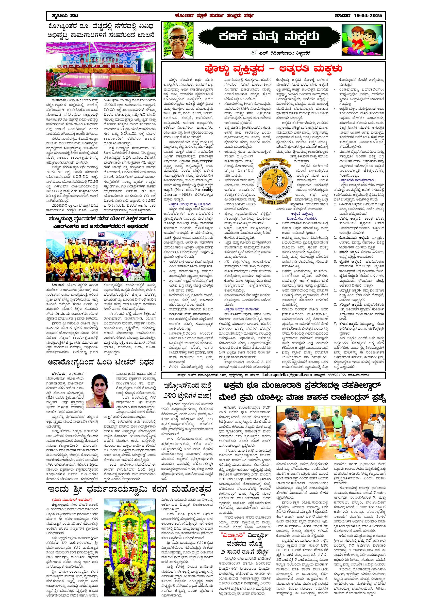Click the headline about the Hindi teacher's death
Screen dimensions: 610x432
(x=101, y=362)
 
